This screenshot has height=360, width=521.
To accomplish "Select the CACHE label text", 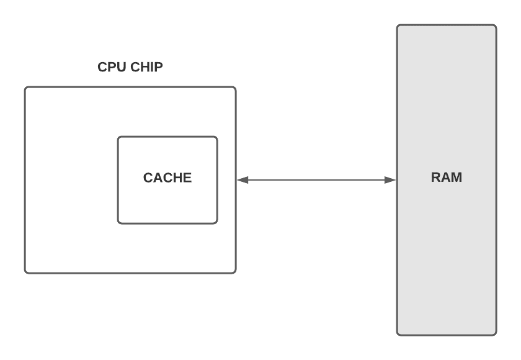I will [167, 178].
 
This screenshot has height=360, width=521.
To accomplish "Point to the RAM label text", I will [447, 178].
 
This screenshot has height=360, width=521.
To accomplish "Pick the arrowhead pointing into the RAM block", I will [390, 180].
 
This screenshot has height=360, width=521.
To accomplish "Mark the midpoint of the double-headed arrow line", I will [316, 180].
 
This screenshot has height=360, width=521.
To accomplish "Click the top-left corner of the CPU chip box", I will [26, 88].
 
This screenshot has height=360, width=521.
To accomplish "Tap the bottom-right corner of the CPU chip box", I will [235, 272].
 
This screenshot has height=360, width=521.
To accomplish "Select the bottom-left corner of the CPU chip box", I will [26, 272].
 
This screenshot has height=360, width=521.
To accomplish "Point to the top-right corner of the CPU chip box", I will [235, 88].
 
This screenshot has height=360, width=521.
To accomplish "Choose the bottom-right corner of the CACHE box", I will [216, 222].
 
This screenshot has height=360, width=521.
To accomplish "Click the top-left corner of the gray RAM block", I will [398, 26].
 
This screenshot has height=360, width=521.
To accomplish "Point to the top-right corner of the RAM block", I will [496, 26].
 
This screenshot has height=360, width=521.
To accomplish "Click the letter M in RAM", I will [456, 178].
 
